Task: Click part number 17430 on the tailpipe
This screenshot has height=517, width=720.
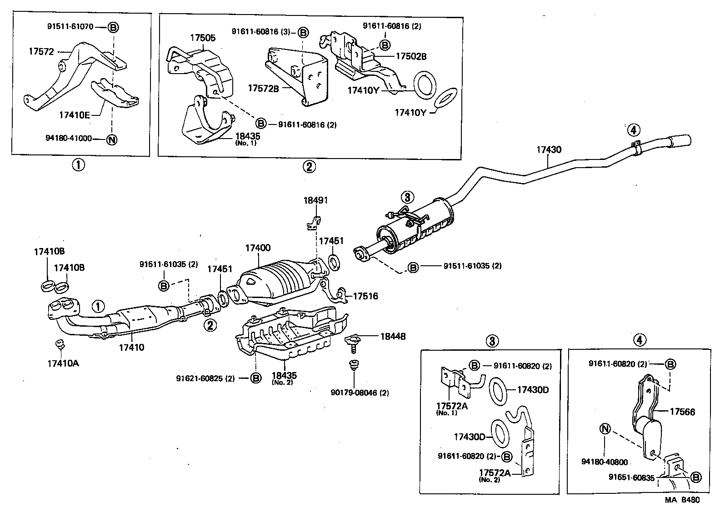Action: pos(549,149)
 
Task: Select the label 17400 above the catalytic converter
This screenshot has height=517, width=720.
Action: pos(258,248)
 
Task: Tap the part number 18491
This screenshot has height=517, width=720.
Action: pos(315,200)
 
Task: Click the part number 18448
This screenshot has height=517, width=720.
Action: pos(393,337)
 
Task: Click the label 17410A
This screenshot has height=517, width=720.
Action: pos(63,363)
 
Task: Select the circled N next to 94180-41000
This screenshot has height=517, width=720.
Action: pos(111,139)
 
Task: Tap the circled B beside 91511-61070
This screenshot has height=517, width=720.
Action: pos(113,27)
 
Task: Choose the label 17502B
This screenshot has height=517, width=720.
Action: pos(411,57)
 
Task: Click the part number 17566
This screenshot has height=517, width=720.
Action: pos(682,412)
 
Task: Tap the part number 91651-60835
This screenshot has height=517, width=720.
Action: pos(632,477)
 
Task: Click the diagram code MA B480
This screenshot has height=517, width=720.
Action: pos(682,500)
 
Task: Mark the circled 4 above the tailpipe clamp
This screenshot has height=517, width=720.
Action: pos(634,130)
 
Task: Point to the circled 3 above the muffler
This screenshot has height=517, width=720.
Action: pos(407,197)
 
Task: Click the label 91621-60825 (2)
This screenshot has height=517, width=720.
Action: pos(205,378)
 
